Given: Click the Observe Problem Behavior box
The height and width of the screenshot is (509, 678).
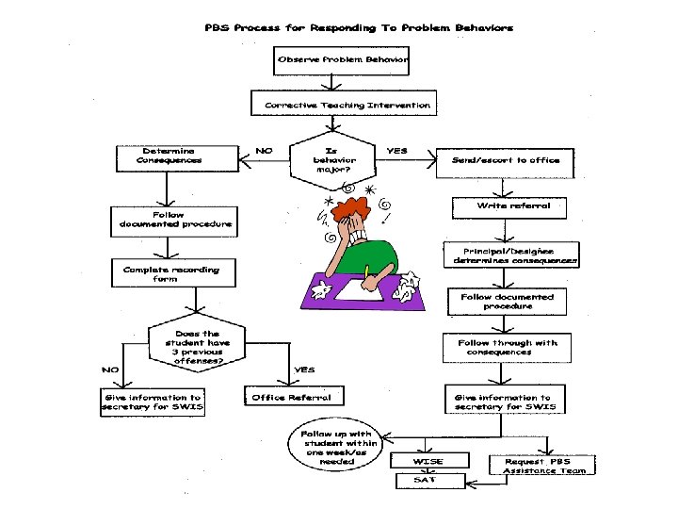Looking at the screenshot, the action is pyautogui.click(x=341, y=60).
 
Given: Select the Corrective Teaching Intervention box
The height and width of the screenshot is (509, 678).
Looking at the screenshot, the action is pyautogui.click(x=344, y=103).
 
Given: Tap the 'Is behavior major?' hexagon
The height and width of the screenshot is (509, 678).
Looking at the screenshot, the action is pyautogui.click(x=332, y=160).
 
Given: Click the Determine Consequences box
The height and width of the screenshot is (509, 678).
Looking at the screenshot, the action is pyautogui.click(x=177, y=158).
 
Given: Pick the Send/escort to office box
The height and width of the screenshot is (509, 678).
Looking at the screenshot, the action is pyautogui.click(x=505, y=163).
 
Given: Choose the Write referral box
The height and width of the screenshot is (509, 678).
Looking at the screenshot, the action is pyautogui.click(x=509, y=208).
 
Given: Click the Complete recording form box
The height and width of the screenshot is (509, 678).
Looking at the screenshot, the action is pyautogui.click(x=173, y=272).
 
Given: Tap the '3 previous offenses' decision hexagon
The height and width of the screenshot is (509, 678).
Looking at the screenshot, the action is pyautogui.click(x=197, y=343).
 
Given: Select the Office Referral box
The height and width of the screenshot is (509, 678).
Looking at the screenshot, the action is pyautogui.click(x=294, y=396).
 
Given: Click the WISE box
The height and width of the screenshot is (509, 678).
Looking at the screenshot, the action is pyautogui.click(x=429, y=460).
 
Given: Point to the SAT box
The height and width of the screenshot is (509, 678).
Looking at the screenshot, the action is pyautogui.click(x=430, y=481).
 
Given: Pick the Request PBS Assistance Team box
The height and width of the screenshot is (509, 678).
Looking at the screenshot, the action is pyautogui.click(x=542, y=465).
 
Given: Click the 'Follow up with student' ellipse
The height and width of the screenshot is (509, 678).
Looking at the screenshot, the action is pyautogui.click(x=335, y=445).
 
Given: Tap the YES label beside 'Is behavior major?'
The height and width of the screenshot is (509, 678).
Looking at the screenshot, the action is pyautogui.click(x=396, y=151).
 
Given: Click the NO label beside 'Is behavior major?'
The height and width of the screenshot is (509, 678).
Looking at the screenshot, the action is pyautogui.click(x=264, y=151).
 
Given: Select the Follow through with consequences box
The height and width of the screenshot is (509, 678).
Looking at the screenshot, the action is pyautogui.click(x=507, y=348).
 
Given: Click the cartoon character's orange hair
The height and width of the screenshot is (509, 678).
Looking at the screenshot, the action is pyautogui.click(x=350, y=208).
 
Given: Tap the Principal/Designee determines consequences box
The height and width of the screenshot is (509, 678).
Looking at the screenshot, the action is pyautogui.click(x=511, y=254).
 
